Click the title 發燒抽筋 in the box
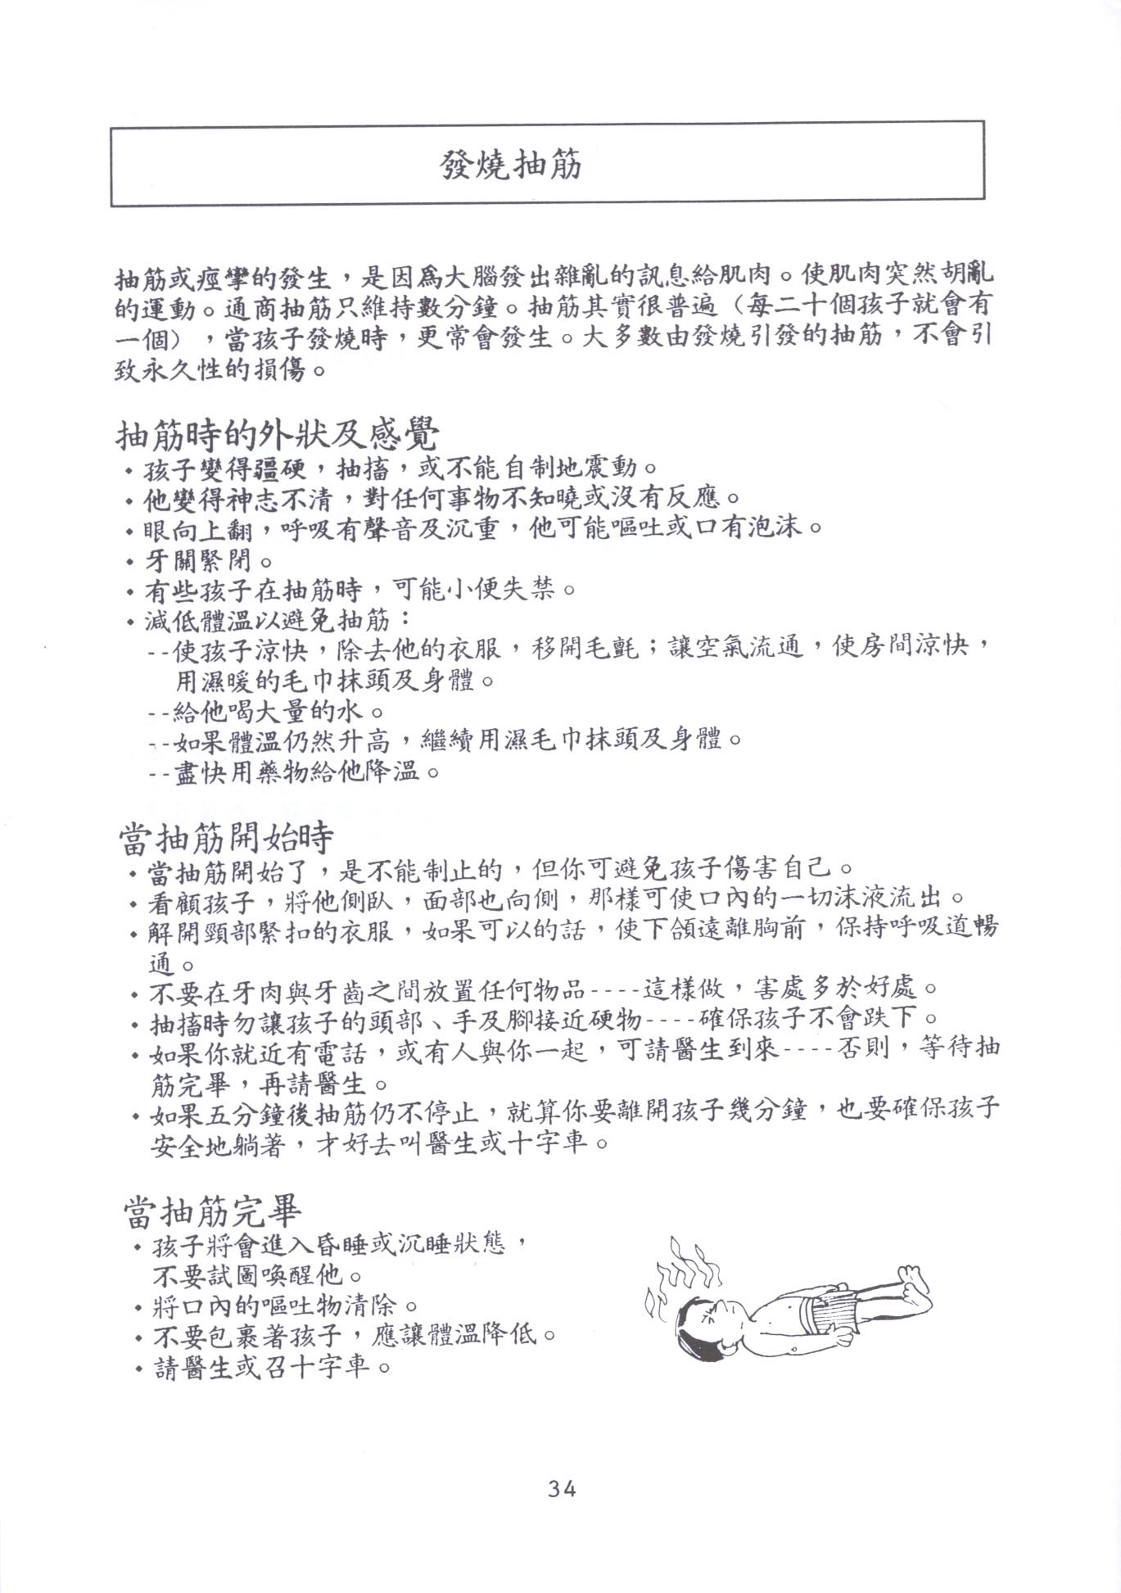[x=510, y=165]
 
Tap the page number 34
[x=563, y=1488]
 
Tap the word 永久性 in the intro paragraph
[x=196, y=369]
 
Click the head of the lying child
[x=707, y=1324]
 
